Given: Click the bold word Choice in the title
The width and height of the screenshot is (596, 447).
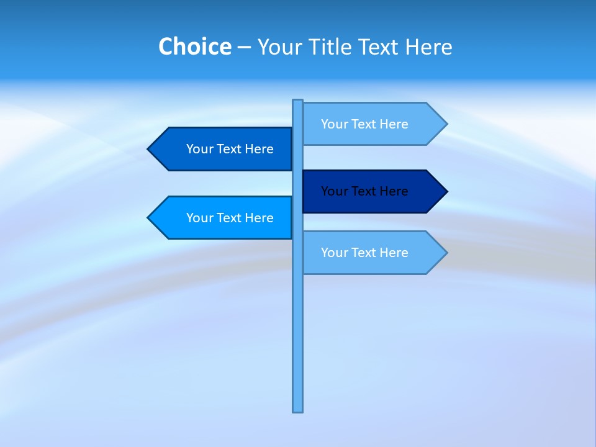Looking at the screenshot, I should pyautogui.click(x=194, y=47).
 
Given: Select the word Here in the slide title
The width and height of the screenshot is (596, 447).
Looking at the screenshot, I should pyautogui.click(x=428, y=47).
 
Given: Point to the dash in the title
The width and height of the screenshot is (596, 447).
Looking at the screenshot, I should pyautogui.click(x=244, y=47).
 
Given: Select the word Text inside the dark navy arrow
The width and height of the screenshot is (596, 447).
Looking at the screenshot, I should pyautogui.click(x=364, y=191).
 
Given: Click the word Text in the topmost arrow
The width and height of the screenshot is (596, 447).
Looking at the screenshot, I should pyautogui.click(x=364, y=124).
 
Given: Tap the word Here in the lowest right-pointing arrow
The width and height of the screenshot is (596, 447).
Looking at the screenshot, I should pyautogui.click(x=394, y=253).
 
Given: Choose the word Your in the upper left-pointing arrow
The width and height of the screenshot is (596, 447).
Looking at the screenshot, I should pyautogui.click(x=199, y=149).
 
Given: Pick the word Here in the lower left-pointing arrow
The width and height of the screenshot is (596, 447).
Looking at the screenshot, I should pyautogui.click(x=259, y=218).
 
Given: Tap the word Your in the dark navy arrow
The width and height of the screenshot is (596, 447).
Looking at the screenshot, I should pyautogui.click(x=334, y=191).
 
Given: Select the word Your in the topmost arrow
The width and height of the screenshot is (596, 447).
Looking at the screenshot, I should pyautogui.click(x=334, y=124).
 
